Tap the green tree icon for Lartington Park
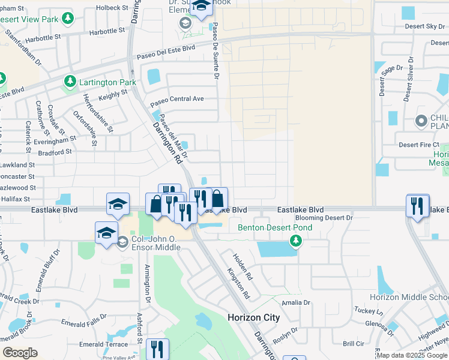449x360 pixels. click(71, 80)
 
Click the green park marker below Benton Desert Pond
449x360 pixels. click(295, 241)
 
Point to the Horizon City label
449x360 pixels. click(253, 317)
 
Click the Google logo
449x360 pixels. click(20, 352)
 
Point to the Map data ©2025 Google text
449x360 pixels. click(411, 355)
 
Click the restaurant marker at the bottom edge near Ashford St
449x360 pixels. click(157, 349)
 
